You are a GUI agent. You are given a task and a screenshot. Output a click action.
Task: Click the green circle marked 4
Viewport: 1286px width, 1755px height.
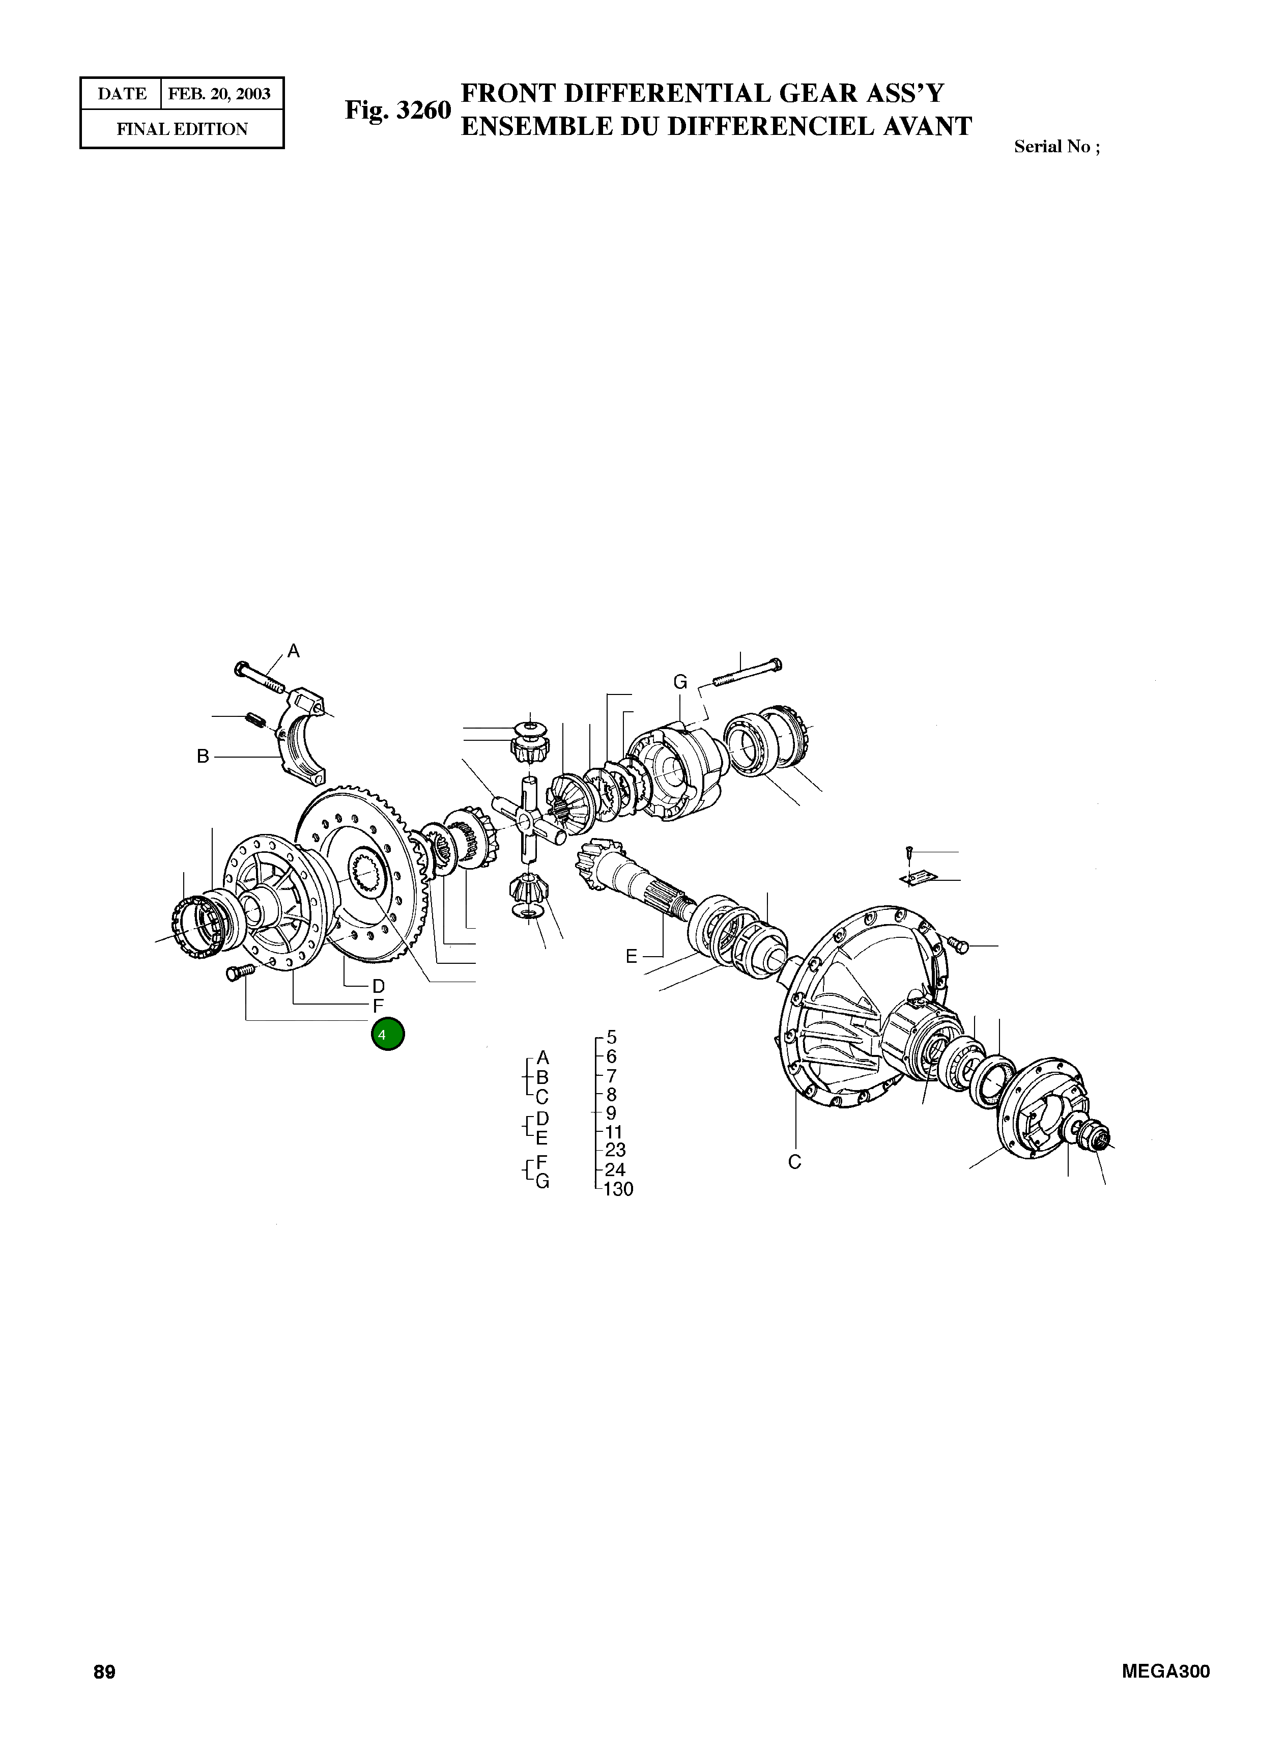coord(388,1034)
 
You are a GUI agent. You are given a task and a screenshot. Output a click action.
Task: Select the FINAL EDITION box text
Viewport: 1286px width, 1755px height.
coord(182,129)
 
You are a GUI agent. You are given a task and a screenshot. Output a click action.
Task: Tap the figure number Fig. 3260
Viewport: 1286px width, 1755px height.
coord(398,110)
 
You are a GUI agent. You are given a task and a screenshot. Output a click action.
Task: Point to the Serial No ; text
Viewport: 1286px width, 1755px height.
coord(1056,147)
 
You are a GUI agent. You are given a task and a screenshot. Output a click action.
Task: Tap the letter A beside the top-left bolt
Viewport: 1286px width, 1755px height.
coord(294,651)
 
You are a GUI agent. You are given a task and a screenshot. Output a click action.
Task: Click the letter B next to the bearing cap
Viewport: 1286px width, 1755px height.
coord(203,756)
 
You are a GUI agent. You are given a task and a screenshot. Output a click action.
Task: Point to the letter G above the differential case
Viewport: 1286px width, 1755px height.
coord(680,682)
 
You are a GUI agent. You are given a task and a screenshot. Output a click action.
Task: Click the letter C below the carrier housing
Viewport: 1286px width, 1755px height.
coord(794,1162)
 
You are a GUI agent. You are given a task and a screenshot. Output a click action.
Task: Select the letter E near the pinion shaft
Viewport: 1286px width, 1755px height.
coord(632,956)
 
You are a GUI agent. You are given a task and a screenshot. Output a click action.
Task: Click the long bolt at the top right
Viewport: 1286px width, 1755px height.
coord(746,674)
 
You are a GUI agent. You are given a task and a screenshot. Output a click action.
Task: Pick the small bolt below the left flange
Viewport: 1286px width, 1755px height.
coord(240,972)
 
